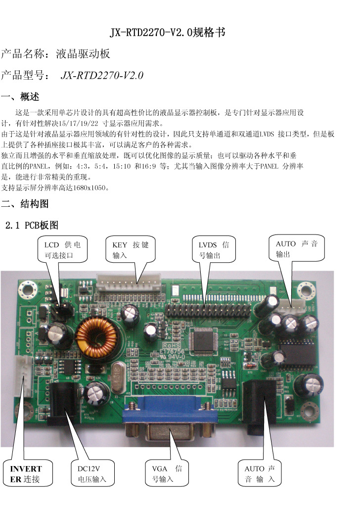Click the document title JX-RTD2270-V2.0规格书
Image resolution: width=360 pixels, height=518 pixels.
coord(168,32)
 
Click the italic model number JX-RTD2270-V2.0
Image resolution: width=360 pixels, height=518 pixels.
coord(102,75)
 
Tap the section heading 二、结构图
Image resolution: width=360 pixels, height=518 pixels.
coord(25,204)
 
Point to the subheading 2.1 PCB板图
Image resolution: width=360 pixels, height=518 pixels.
coord(32,225)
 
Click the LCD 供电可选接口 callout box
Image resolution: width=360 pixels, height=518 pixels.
coord(62,249)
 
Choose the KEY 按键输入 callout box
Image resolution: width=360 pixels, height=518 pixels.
coord(131,249)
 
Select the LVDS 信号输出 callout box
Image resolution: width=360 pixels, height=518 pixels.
coord(214,249)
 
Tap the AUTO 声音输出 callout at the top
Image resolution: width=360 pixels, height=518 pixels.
coord(297,248)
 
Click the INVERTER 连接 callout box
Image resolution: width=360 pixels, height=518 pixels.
coord(28,473)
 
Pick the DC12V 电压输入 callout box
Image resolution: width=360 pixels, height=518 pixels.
coord(92,473)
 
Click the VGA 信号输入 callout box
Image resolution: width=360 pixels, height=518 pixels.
coord(167,473)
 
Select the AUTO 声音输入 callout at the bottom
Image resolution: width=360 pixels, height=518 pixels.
coord(260,473)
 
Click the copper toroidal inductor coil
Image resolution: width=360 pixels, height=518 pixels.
coord(96,337)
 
